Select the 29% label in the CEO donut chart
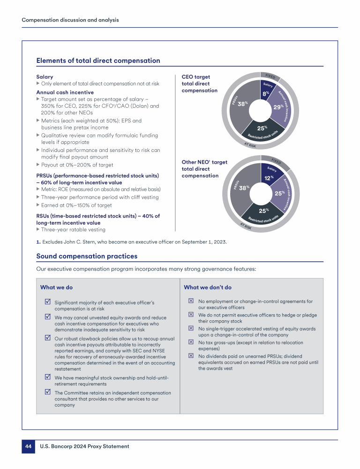(x=278, y=107)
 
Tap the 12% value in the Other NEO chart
(x=268, y=178)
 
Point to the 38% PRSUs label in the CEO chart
(x=242, y=104)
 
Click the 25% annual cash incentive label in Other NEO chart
(x=279, y=193)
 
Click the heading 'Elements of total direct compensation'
(x=98, y=61)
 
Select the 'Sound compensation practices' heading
(x=87, y=256)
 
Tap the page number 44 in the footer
(x=28, y=446)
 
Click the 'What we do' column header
(x=56, y=287)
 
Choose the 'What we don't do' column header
(x=207, y=287)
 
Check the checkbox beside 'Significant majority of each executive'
(x=47, y=303)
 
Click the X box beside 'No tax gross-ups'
(x=191, y=342)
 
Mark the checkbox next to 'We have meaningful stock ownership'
(x=47, y=377)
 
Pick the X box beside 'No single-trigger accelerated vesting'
(x=191, y=329)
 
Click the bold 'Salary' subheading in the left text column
(x=45, y=76)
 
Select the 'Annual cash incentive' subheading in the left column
(x=65, y=92)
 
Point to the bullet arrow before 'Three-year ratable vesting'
(x=38, y=230)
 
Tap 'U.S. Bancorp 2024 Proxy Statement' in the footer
(x=84, y=446)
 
